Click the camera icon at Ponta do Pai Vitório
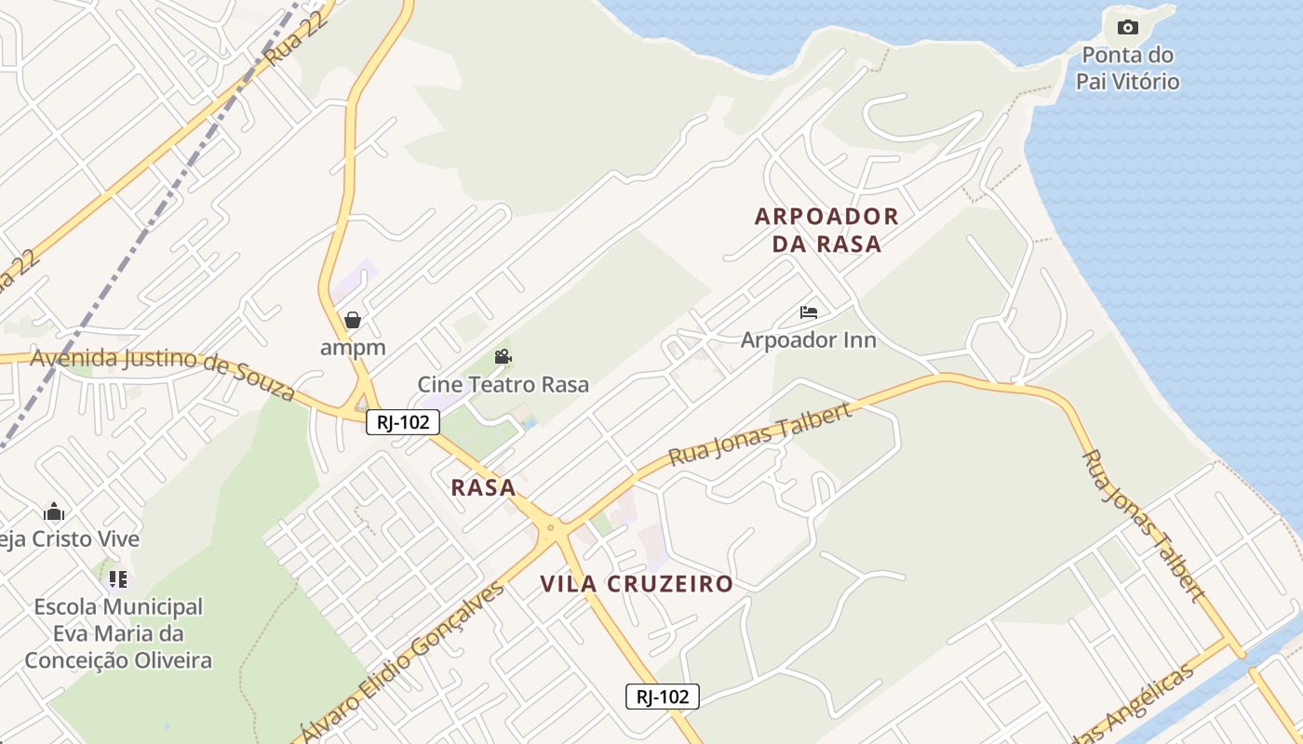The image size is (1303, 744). [1127, 27]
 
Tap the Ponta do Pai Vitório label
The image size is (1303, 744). [1127, 68]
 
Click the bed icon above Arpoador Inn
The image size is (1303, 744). [809, 312]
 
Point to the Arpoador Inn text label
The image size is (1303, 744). [808, 339]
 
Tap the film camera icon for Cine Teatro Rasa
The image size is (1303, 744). [503, 357]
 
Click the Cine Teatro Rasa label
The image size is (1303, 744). [503, 384]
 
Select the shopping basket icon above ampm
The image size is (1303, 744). [353, 321]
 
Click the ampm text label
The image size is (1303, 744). [353, 348]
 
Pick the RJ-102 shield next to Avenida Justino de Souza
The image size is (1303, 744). [403, 422]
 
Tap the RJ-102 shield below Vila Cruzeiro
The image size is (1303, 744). [662, 697]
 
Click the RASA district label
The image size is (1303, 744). [483, 487]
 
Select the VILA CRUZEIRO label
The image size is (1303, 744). [637, 584]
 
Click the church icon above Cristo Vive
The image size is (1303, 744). [54, 512]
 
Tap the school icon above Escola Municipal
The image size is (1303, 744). [117, 579]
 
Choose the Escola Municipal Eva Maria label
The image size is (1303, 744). [118, 633]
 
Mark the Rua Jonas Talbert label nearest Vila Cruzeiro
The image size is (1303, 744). [760, 434]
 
